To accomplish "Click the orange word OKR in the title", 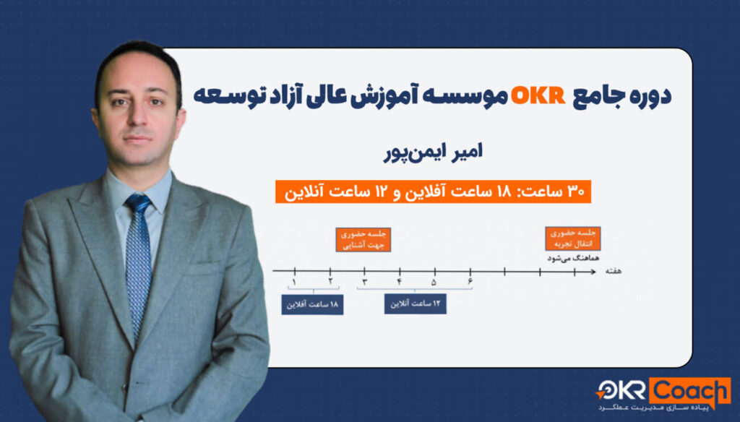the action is tap(538, 96).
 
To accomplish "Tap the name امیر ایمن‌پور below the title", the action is tap(433, 152).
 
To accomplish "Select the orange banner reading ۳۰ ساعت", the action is tap(433, 191).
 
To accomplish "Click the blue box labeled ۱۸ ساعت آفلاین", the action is tap(312, 304).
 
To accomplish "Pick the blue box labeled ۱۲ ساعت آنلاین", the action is tap(416, 303).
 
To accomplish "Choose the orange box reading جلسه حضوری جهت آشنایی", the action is tap(363, 240).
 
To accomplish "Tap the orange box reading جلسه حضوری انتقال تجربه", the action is tap(573, 238).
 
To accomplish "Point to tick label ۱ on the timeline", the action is tap(294, 283).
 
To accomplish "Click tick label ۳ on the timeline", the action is tap(364, 283).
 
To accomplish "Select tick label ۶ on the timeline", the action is tap(470, 282).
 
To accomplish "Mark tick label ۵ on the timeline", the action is tap(434, 283).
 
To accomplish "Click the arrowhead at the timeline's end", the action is tap(593, 272).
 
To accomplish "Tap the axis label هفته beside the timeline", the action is tap(614, 271).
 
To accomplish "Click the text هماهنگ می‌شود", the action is tap(573, 258).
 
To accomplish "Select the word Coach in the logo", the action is tap(690, 391).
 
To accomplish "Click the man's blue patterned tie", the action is tap(138, 264).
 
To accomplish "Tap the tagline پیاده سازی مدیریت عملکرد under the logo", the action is tap(653, 408).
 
